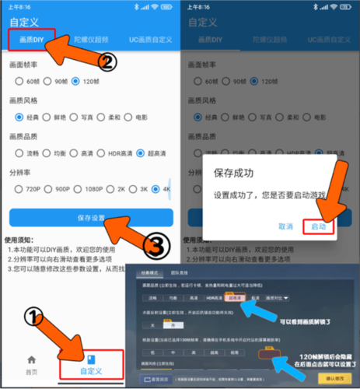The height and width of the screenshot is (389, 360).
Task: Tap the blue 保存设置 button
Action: tap(90, 218)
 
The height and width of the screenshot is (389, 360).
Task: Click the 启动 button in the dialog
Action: tap(318, 226)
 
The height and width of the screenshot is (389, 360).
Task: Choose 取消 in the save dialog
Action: tap(285, 226)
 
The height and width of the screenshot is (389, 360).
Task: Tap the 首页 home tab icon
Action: tap(31, 359)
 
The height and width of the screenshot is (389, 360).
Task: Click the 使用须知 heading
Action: tap(25, 240)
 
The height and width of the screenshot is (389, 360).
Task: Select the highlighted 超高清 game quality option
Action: tap(234, 297)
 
